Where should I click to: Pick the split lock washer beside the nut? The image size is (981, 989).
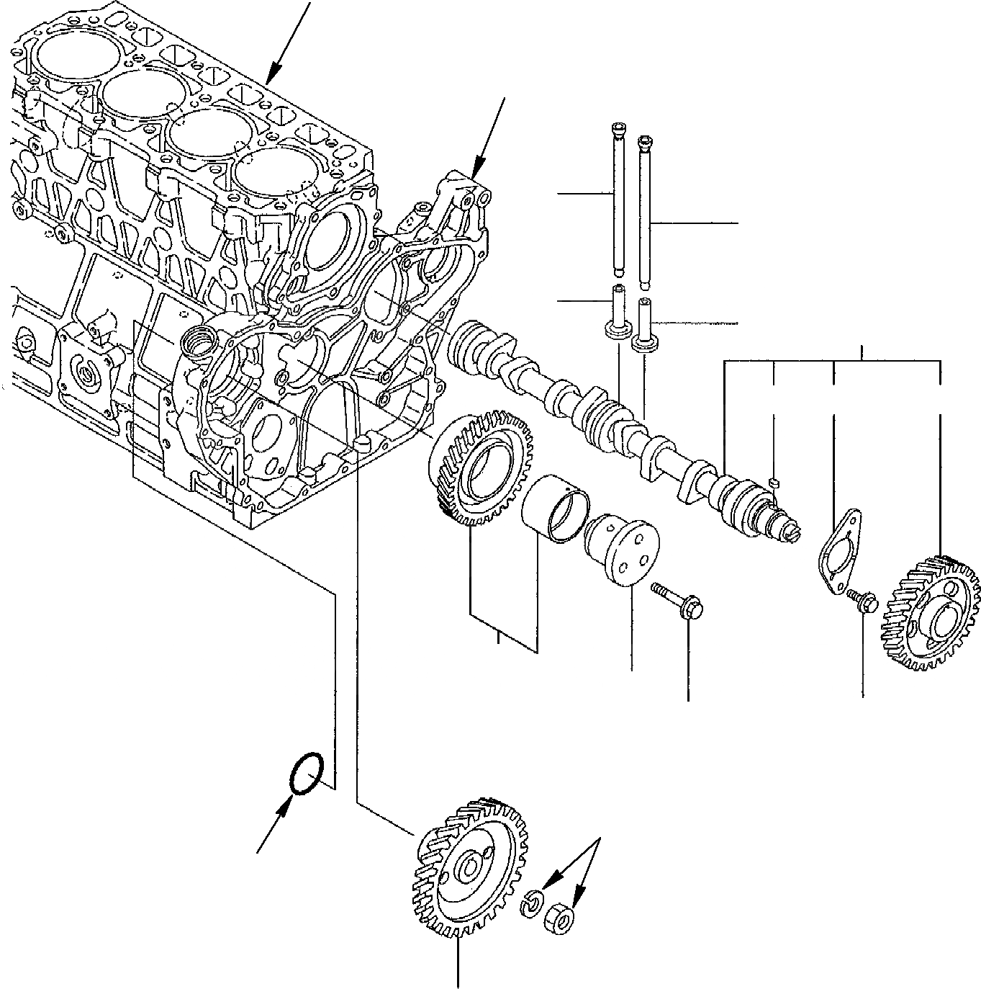pyautogui.click(x=532, y=904)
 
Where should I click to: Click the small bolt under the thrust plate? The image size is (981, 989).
pyautogui.click(x=862, y=598)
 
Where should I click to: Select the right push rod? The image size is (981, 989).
pyautogui.click(x=645, y=209)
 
